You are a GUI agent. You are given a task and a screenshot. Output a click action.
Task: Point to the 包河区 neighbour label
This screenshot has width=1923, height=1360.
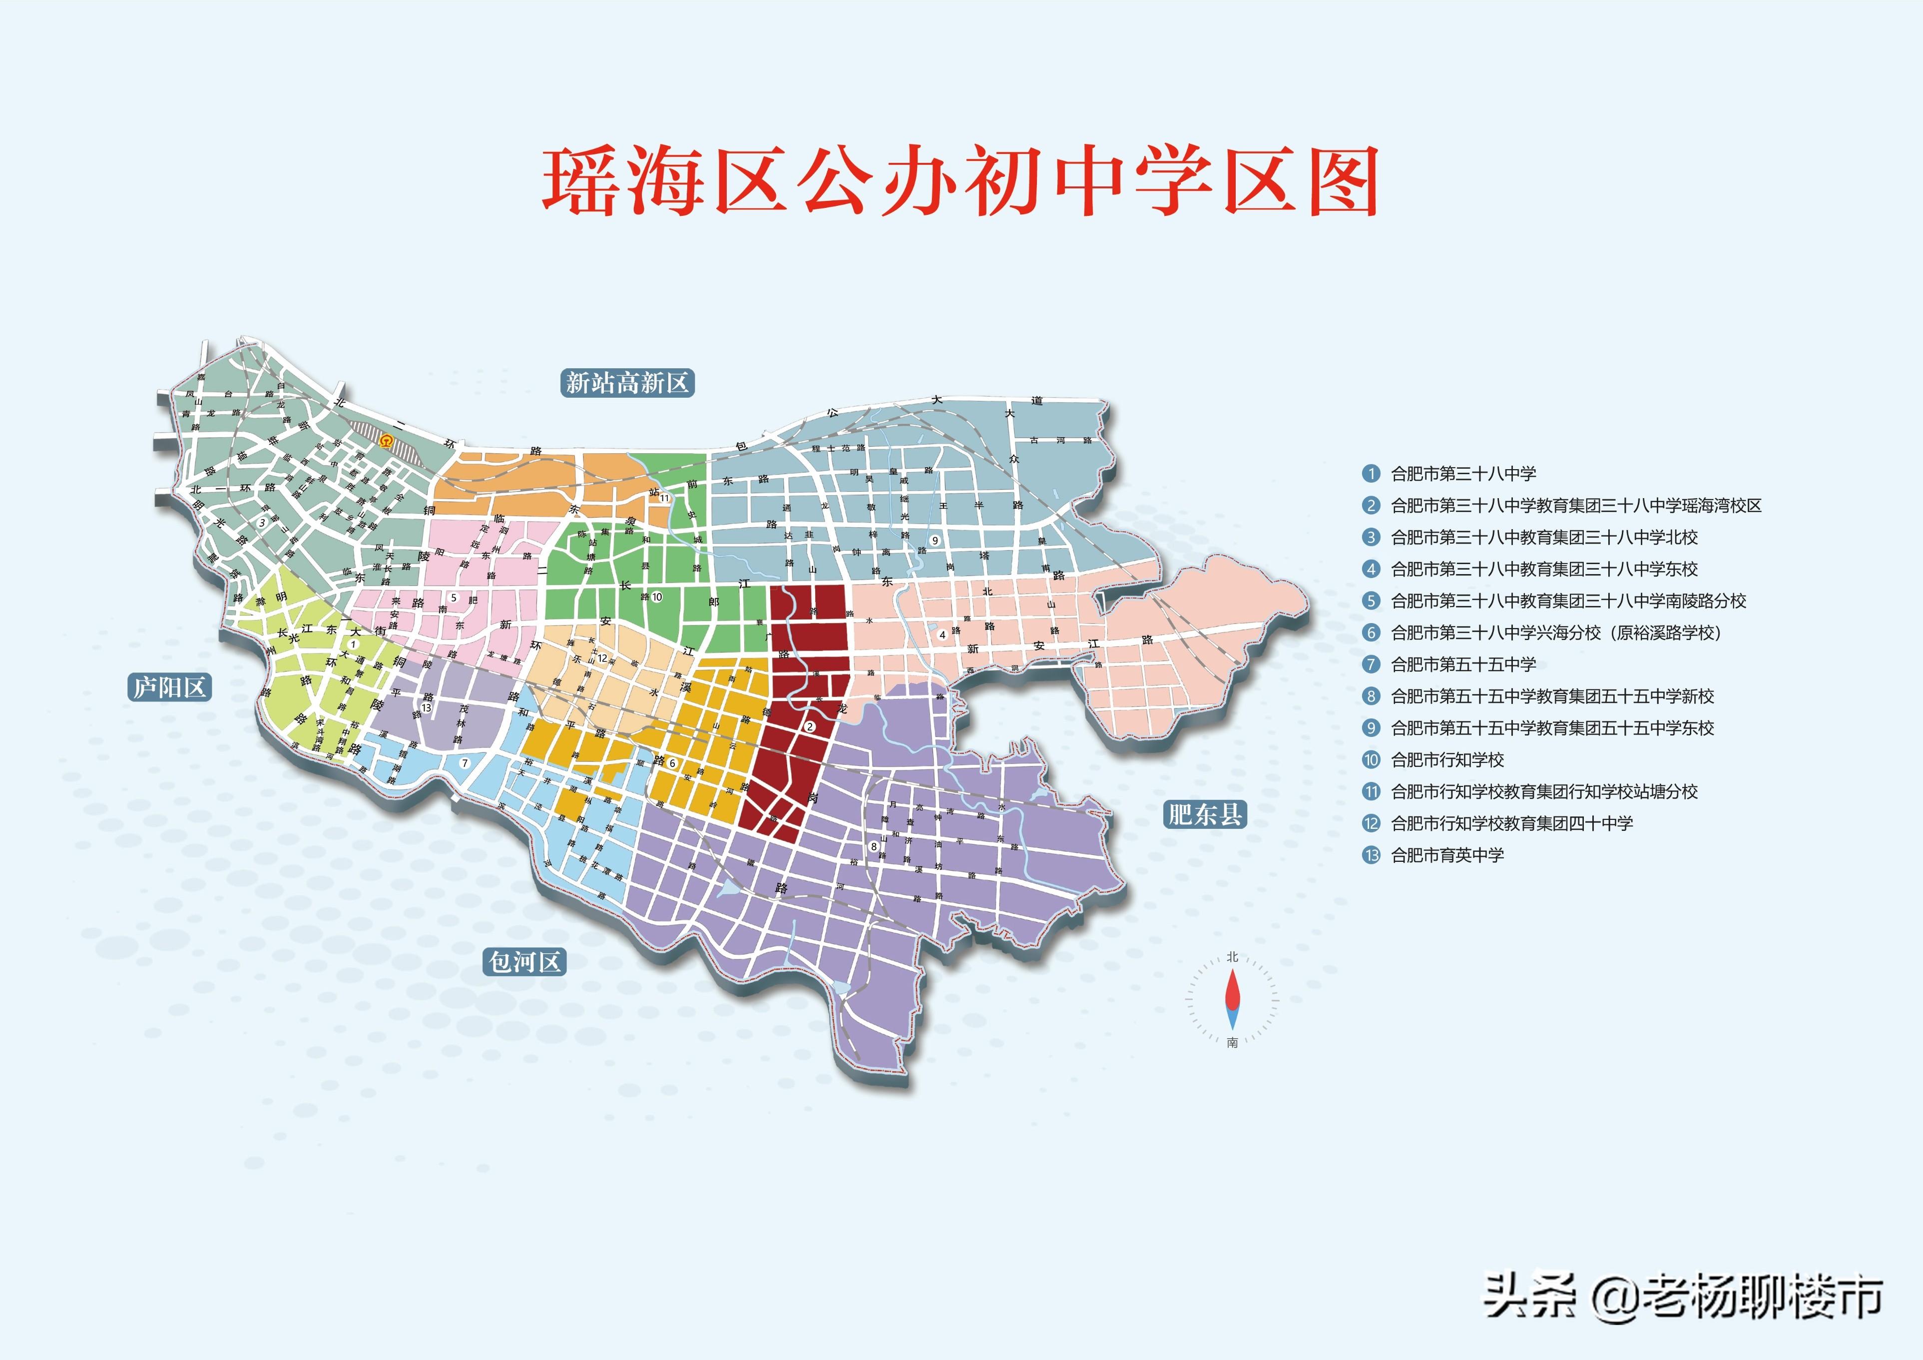point(524,961)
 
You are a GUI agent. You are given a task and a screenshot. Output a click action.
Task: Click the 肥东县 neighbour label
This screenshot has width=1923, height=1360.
point(1204,814)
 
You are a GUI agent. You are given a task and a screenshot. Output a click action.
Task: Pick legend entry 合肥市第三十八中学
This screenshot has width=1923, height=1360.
point(1462,474)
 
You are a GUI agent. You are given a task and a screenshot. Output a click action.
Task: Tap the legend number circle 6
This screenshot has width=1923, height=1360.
point(1370,633)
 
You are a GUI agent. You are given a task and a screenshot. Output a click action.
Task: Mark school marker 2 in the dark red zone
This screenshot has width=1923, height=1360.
point(810,726)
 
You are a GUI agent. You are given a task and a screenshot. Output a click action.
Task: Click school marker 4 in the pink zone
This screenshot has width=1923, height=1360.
point(942,635)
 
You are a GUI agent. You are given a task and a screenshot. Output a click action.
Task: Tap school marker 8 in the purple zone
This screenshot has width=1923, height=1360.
point(874,846)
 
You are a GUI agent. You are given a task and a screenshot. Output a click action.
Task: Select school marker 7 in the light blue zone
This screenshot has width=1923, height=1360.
point(465,763)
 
